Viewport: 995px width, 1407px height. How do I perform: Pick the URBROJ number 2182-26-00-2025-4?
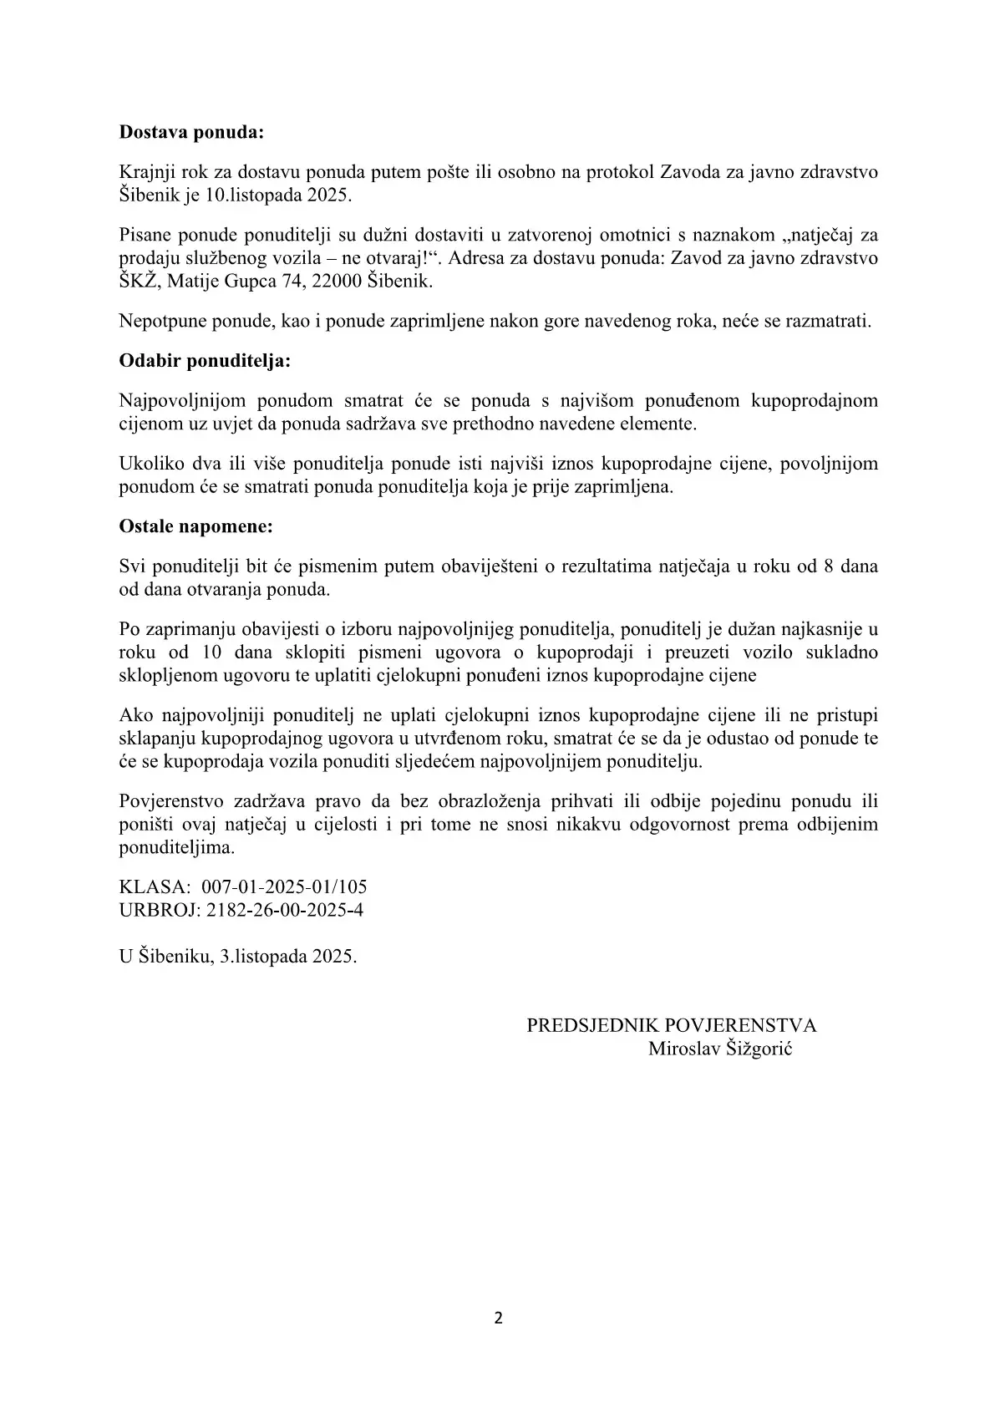282,909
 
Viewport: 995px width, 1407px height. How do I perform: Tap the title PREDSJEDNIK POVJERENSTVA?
672,1026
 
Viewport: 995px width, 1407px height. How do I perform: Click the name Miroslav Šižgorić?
720,1049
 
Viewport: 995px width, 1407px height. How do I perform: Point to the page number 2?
499,1318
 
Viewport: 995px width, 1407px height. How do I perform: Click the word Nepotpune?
158,322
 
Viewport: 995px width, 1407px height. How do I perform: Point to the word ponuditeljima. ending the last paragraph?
177,847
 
